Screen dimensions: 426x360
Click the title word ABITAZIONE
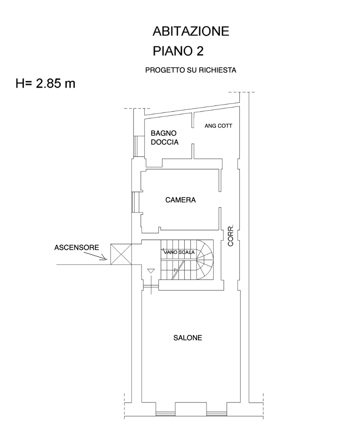tap(191, 32)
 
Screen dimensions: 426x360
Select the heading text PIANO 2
tap(178, 51)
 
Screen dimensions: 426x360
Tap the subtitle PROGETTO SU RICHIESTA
tap(190, 70)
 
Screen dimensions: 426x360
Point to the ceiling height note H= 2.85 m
tap(45, 84)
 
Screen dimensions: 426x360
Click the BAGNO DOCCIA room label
tap(164, 138)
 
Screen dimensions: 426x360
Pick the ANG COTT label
tap(218, 126)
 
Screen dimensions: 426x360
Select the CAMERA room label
tap(180, 200)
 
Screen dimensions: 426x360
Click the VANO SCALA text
tap(179, 252)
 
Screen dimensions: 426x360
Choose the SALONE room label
tap(187, 338)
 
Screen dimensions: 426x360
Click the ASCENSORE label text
tap(77, 247)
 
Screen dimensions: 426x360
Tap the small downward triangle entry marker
tap(150, 271)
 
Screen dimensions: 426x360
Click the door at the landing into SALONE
tap(151, 287)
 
